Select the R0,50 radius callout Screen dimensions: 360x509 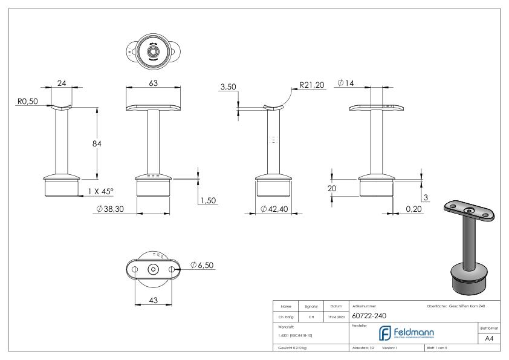click(27, 102)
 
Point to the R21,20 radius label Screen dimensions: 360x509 click(312, 87)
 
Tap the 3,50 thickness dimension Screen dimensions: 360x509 click(228, 88)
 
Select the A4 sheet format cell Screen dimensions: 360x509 click(492, 339)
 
